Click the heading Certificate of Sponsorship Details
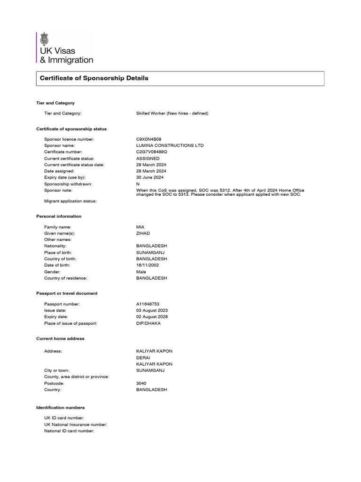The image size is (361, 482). tap(94, 78)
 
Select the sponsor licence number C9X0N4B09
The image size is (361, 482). tap(149, 139)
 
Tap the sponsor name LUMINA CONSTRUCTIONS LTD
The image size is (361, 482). tap(170, 145)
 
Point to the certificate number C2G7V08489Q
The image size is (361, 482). tap(151, 152)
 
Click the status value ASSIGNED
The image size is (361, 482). tap(148, 159)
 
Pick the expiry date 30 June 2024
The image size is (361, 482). tap(149, 177)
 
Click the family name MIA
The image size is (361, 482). tap(141, 227)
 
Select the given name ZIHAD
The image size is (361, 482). tap(143, 233)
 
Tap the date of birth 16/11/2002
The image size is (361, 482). tap(147, 265)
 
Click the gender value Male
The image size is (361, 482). tap(141, 272)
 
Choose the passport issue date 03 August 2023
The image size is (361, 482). tap(152, 311)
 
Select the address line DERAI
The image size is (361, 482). tap(143, 358)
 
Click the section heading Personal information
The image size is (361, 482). tap(59, 217)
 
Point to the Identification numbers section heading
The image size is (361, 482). tap(60, 407)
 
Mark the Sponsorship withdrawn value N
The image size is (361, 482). tap(138, 184)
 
